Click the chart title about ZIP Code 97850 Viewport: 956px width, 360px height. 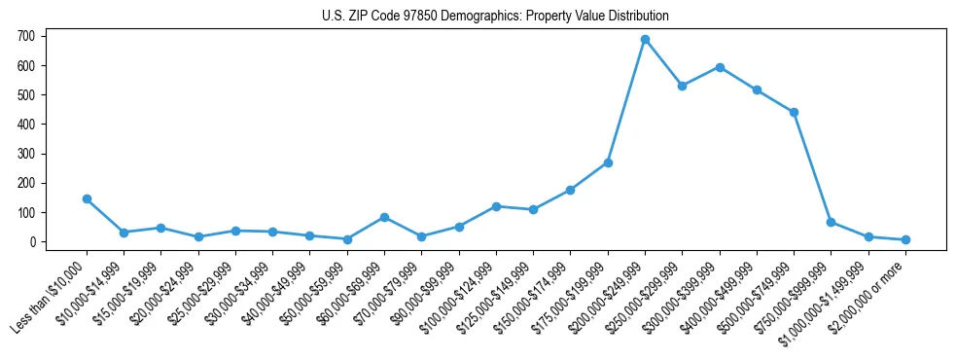pos(495,17)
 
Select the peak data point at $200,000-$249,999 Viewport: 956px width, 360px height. pos(645,40)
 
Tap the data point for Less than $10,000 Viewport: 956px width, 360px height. pos(87,198)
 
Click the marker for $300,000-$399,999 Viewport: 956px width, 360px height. pos(720,67)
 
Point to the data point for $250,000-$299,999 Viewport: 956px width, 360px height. pos(683,86)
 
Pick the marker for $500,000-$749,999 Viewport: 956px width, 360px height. pos(794,112)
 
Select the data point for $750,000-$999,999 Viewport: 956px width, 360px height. pos(832,222)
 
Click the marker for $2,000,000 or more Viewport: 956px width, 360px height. pos(905,239)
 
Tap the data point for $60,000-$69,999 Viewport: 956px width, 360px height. pos(384,217)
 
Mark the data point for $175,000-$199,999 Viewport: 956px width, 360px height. pos(608,162)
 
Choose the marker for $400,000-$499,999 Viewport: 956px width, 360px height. pos(757,90)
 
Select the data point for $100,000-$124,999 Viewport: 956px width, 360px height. pos(496,206)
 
